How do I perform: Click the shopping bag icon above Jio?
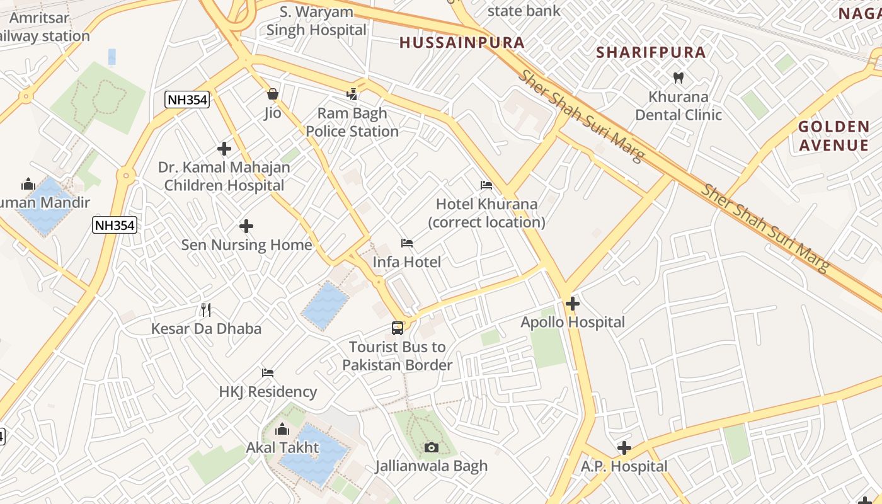[272, 94]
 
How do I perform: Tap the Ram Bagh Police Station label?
[352, 122]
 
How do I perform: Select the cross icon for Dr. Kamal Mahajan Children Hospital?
[224, 149]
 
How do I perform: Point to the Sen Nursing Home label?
[246, 245]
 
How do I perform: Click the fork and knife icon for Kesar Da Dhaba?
[205, 309]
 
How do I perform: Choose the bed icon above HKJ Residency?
[268, 372]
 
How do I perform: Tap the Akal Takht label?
[282, 448]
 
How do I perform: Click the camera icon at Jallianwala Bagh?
[432, 447]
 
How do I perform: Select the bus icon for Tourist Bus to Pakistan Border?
[398, 328]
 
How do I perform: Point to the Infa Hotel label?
[407, 262]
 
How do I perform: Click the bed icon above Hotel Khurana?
[486, 185]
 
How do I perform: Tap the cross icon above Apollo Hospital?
[572, 304]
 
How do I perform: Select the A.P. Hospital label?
[624, 467]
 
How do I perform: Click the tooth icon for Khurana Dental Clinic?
[679, 78]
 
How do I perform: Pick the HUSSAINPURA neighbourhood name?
[462, 43]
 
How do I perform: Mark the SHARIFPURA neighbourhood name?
[651, 52]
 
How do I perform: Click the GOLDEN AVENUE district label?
[833, 136]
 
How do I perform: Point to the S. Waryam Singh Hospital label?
[316, 21]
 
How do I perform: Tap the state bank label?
[524, 10]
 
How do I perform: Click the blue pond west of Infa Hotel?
[325, 306]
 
